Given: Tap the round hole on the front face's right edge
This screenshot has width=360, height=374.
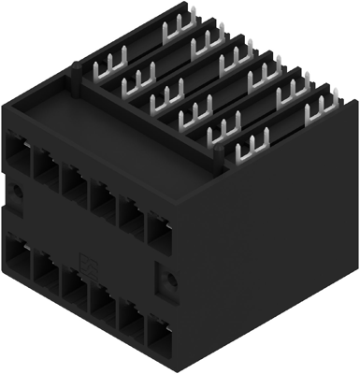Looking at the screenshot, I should coord(168,280).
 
